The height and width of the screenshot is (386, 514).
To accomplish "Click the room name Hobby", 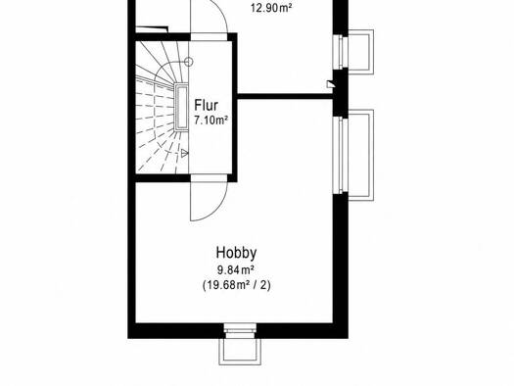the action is click(x=236, y=253).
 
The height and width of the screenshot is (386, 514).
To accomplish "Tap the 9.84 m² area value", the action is click(x=236, y=270).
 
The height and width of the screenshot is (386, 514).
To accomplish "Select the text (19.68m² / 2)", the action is click(x=237, y=285).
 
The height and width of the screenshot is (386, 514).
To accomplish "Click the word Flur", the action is click(x=206, y=105).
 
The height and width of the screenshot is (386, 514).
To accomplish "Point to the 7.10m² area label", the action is click(x=210, y=121).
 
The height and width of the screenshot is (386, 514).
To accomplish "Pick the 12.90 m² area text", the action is click(x=271, y=8).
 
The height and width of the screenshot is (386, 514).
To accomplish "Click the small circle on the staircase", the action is click(x=188, y=62).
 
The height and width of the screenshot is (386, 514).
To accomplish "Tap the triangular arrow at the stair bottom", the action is click(x=185, y=153).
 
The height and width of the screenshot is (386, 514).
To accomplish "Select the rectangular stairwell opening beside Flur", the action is click(x=181, y=107).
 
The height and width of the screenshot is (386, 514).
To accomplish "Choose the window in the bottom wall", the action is click(x=240, y=330).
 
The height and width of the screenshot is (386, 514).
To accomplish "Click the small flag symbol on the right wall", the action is click(x=331, y=84).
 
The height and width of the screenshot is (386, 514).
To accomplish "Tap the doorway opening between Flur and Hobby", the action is click(x=209, y=178).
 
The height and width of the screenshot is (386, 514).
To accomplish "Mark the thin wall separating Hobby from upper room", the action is click(x=285, y=96).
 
